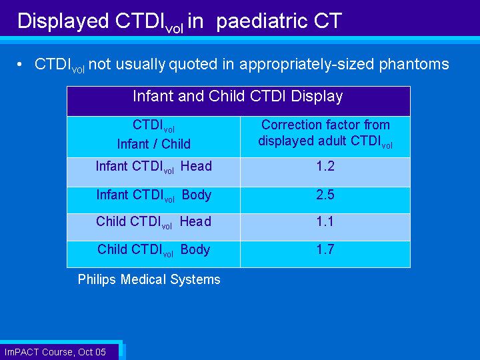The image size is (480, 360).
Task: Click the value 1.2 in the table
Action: [325, 166]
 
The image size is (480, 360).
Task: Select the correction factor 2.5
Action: [325, 195]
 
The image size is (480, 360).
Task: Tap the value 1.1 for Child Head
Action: [325, 221]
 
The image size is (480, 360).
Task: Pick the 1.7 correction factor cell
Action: [325, 249]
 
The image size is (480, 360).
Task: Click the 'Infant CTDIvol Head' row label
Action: [154, 167]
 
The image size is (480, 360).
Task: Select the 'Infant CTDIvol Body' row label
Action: [154, 195]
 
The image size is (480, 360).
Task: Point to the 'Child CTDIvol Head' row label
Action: [154, 222]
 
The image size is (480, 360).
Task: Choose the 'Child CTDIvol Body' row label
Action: [154, 251]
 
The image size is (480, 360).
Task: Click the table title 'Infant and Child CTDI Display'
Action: [238, 97]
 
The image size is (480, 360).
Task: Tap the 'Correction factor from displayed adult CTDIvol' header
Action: [325, 134]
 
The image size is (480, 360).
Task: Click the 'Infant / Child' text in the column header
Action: [154, 144]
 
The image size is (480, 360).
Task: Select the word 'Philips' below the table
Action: [97, 280]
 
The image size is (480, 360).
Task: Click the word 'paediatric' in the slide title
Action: [262, 21]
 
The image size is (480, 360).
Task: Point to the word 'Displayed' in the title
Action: [63, 21]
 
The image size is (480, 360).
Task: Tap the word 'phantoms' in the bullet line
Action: [414, 65]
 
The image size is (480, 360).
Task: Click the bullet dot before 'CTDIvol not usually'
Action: [19, 64]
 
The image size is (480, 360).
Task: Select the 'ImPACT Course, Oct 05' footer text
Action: [55, 352]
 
